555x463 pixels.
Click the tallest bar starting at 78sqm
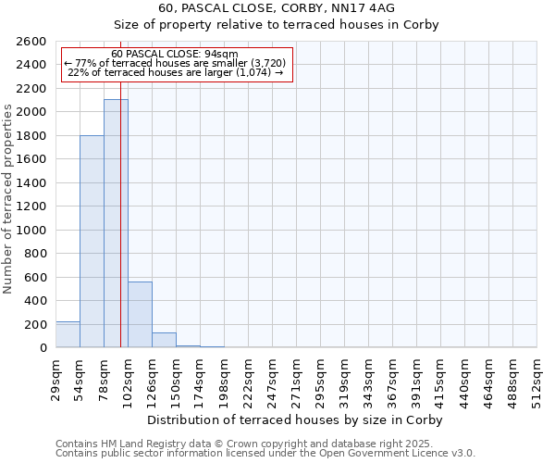pos(116,223)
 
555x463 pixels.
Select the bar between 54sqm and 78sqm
pos(92,241)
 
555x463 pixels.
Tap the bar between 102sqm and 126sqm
pos(140,315)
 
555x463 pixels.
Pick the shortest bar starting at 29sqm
pos(68,334)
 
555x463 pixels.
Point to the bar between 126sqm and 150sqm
pos(164,340)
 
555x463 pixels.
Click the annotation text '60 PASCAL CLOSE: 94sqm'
pos(175,54)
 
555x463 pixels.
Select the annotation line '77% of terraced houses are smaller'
pos(175,63)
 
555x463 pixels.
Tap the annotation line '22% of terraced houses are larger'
pos(175,73)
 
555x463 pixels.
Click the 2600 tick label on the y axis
pos(31,42)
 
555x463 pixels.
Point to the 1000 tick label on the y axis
pos(31,230)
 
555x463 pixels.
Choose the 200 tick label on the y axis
pos(35,324)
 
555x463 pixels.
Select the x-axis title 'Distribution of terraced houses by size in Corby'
pos(296,419)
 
